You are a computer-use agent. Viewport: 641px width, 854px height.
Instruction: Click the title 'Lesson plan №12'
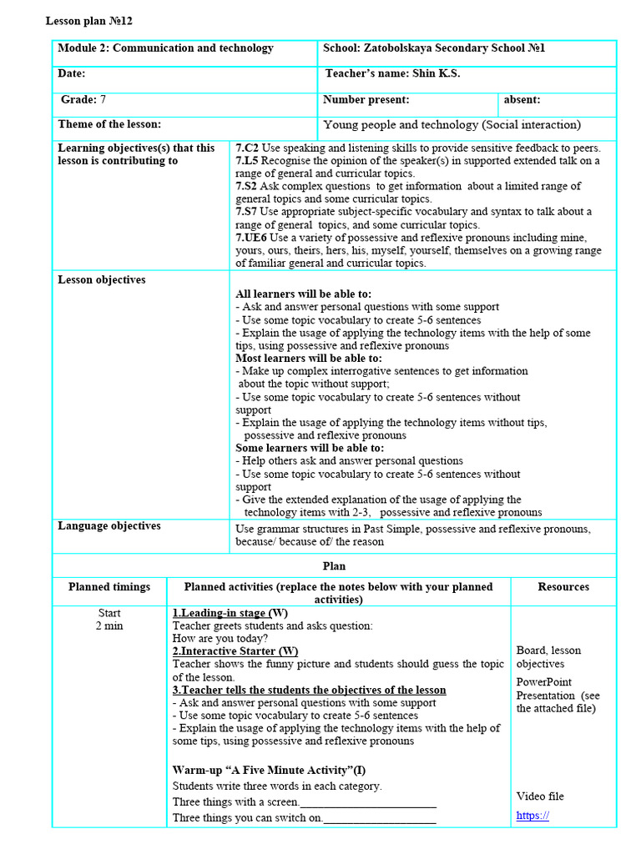click(88, 21)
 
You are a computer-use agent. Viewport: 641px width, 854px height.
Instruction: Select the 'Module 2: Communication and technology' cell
click(165, 48)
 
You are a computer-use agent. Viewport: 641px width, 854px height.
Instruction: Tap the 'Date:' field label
click(72, 74)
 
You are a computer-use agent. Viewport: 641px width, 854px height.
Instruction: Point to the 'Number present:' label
click(366, 100)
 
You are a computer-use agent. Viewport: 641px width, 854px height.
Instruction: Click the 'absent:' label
click(522, 100)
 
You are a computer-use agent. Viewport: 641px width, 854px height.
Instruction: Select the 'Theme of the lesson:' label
click(109, 125)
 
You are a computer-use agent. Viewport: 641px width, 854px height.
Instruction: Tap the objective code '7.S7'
click(247, 212)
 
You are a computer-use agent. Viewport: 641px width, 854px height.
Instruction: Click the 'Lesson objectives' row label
click(101, 280)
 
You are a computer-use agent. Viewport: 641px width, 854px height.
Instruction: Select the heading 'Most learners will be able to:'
click(309, 359)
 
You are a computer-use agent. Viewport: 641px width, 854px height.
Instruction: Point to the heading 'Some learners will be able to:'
click(310, 448)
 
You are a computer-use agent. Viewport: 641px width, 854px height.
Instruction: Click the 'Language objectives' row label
click(109, 526)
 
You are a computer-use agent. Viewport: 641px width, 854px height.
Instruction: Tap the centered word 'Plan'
click(334, 566)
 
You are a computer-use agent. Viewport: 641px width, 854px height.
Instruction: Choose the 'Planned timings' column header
click(109, 587)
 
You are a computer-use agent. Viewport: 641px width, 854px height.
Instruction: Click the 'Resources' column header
click(563, 587)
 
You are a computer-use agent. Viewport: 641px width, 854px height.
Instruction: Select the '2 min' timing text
click(109, 626)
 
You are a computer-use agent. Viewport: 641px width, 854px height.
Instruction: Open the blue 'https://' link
click(532, 816)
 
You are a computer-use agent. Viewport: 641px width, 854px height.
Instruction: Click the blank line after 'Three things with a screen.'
click(368, 802)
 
